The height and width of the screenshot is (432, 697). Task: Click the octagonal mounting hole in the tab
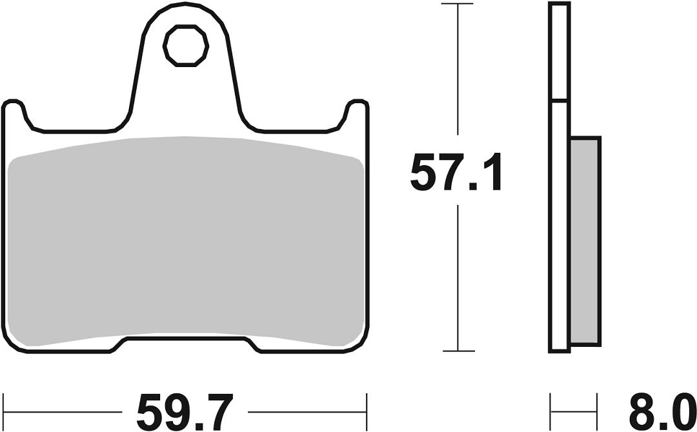tap(186, 46)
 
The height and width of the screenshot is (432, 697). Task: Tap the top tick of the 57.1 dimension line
tap(457, 5)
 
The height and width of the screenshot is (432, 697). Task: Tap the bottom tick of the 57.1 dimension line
tap(457, 351)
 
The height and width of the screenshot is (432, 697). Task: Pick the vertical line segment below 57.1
tap(457, 277)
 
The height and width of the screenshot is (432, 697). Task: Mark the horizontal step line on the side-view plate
tap(560, 101)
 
